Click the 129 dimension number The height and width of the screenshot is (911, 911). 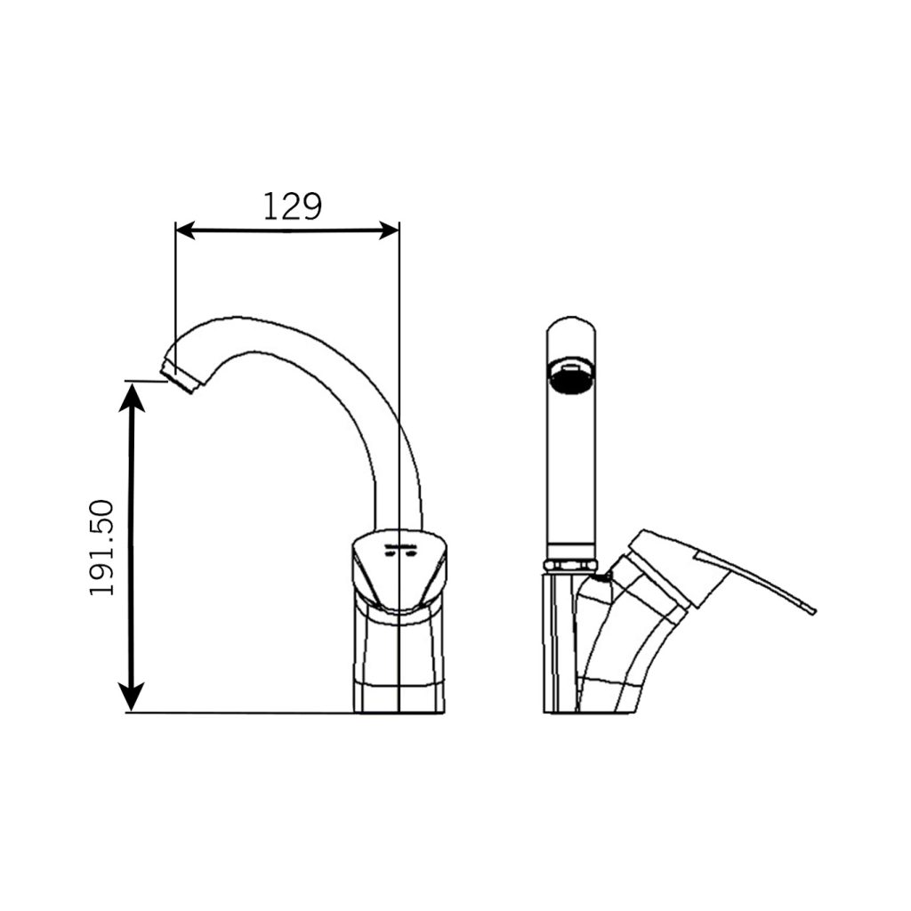coord(292,206)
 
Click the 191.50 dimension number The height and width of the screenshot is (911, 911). coord(102,547)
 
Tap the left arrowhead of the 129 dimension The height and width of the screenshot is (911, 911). coord(185,230)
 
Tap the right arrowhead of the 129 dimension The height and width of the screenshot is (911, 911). coord(390,230)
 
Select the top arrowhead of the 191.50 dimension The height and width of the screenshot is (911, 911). coord(132,397)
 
